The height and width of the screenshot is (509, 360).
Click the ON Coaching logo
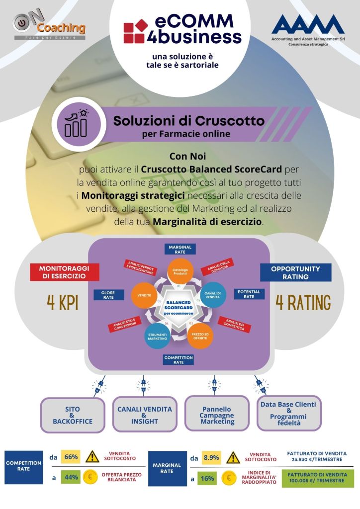pos(49,27)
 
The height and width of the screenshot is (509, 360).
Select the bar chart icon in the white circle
pos(76,123)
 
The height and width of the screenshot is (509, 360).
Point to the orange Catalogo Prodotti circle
pos(180,270)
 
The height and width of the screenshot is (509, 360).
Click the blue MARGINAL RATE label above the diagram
pos(180,249)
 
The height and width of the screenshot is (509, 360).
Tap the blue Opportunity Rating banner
pos(295,272)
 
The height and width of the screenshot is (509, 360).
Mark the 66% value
pos(71,457)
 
